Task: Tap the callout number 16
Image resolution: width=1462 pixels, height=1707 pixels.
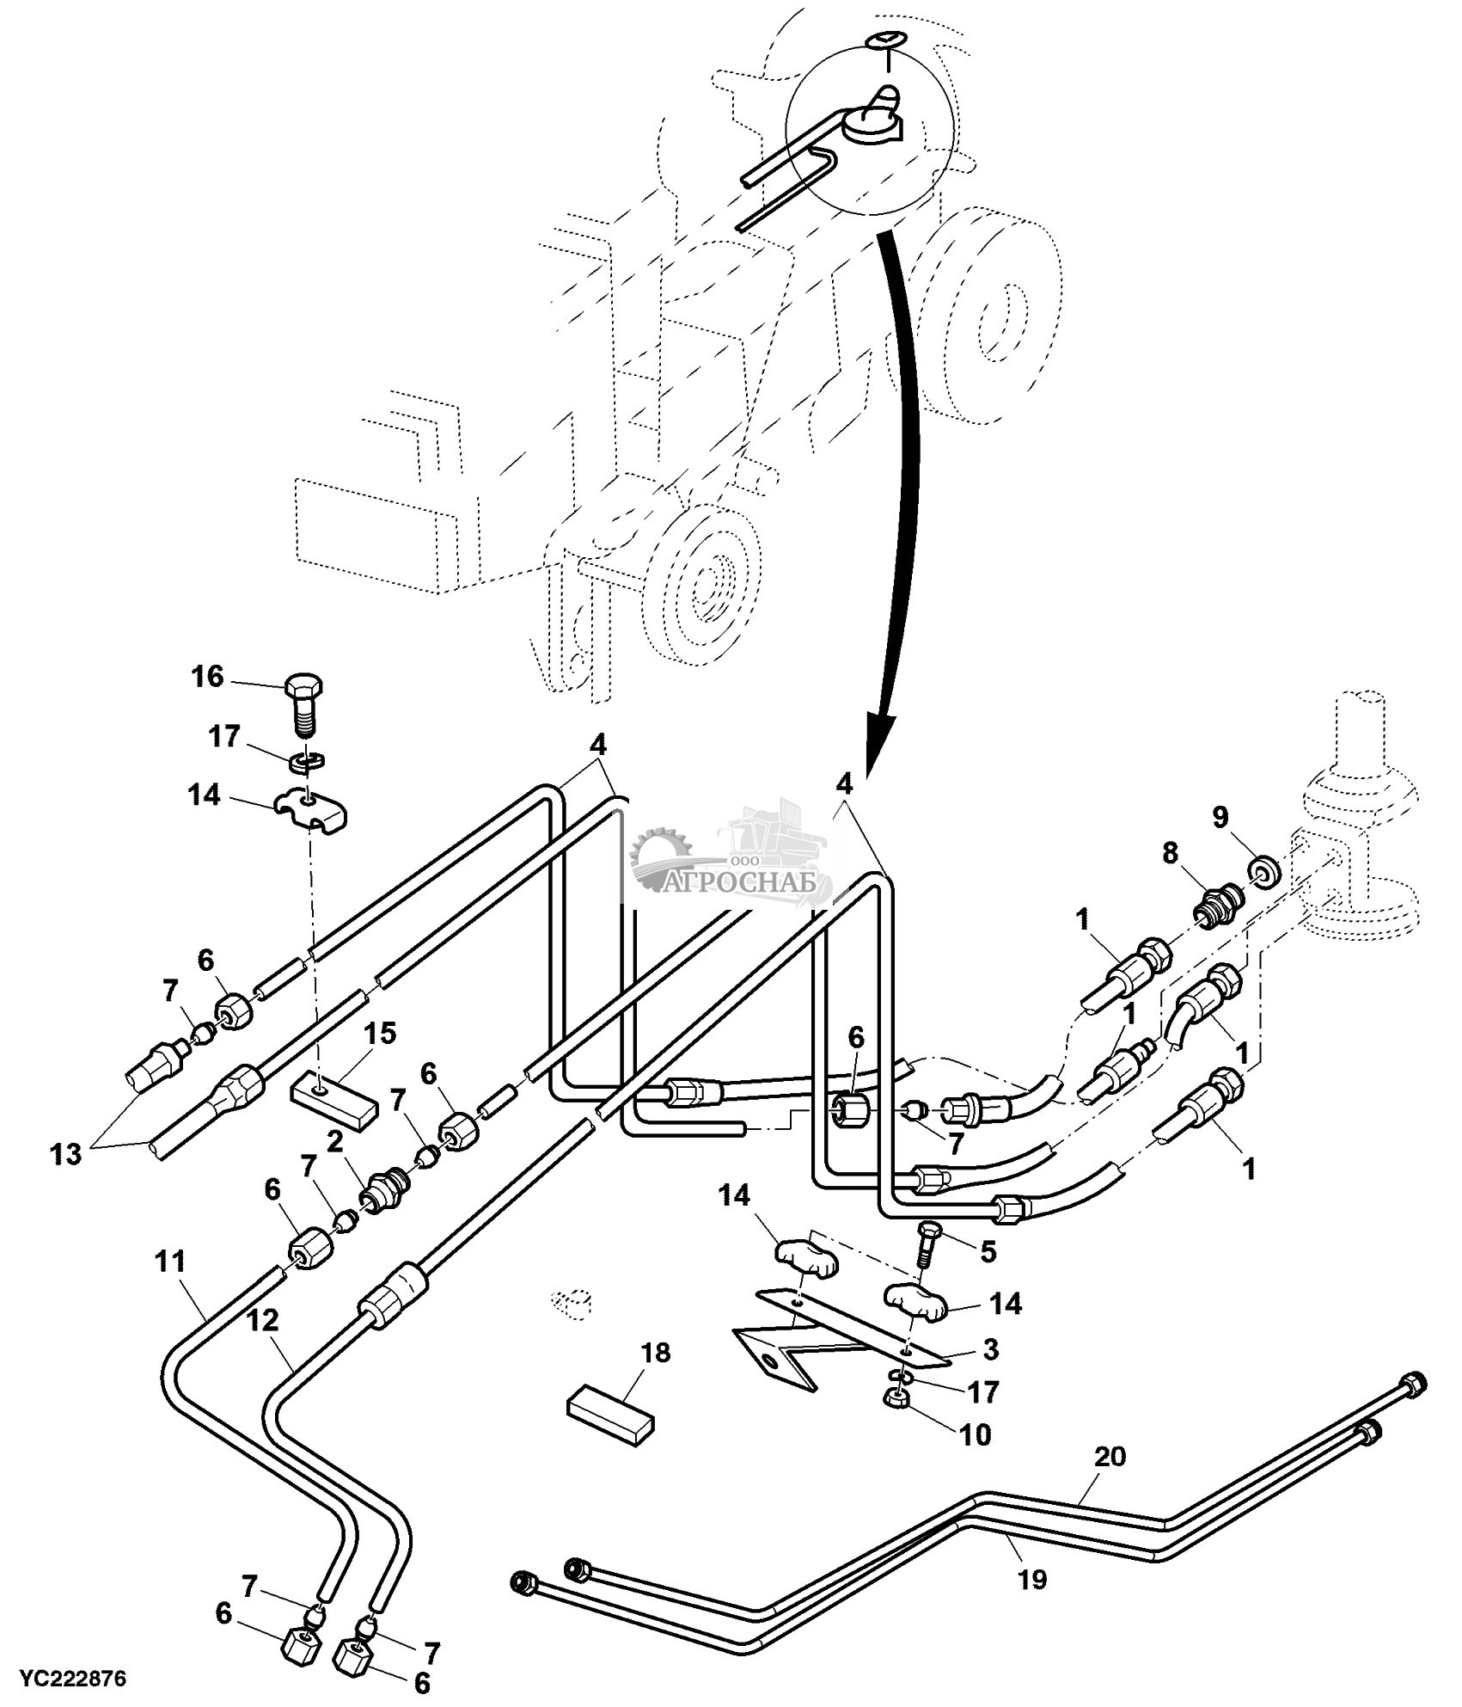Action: (x=207, y=677)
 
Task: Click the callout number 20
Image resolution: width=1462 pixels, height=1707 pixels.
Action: (x=1110, y=1457)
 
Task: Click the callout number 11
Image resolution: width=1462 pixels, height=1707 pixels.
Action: (x=171, y=1262)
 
